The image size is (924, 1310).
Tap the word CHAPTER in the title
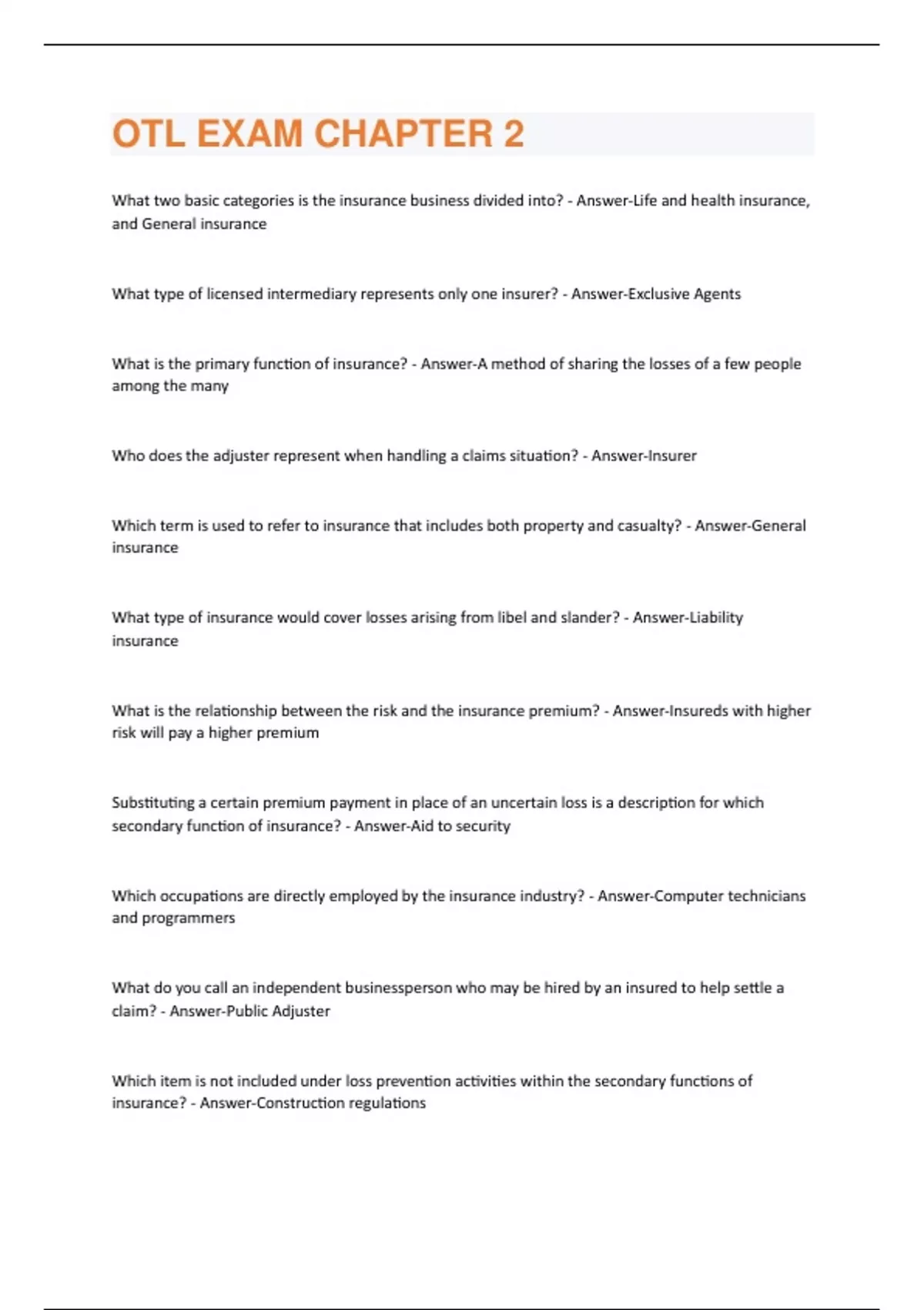(403, 134)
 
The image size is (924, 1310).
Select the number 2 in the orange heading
(514, 134)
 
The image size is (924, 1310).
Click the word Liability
(714, 617)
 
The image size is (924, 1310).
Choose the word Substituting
(153, 803)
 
